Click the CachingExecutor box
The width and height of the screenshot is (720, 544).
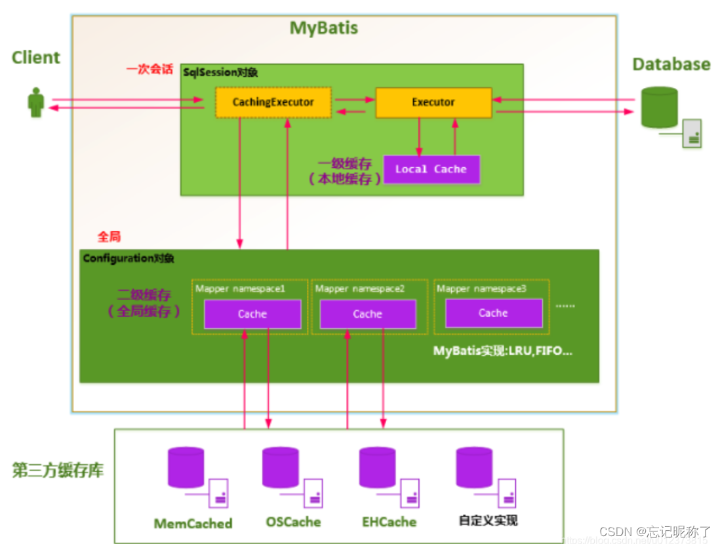coord(273,102)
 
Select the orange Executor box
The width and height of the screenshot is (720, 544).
coord(433,102)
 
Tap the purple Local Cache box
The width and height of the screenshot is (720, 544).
coord(431,169)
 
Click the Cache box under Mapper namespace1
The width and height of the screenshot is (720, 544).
coord(252,314)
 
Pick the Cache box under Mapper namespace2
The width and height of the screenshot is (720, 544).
coord(367,314)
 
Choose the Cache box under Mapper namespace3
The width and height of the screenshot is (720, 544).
coord(493,313)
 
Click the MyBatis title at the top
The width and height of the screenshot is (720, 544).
coord(324,29)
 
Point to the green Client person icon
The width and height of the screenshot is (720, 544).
coord(36,104)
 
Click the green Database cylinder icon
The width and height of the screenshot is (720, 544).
coord(659,107)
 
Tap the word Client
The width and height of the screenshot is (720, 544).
coord(36,58)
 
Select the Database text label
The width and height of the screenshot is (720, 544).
coord(671,64)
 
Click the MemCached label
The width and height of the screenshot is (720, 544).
coord(193,524)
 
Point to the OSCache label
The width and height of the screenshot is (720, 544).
coord(293,522)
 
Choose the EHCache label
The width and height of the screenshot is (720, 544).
coord(389,522)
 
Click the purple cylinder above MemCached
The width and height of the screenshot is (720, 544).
coord(186,468)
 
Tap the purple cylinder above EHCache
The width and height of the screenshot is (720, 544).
coord(377,468)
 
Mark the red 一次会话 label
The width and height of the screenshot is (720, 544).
coord(150,69)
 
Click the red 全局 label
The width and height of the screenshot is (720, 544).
coord(109,237)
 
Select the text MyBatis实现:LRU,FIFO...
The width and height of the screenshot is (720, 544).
coord(503,351)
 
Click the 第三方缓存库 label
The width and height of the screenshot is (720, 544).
coord(58,471)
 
